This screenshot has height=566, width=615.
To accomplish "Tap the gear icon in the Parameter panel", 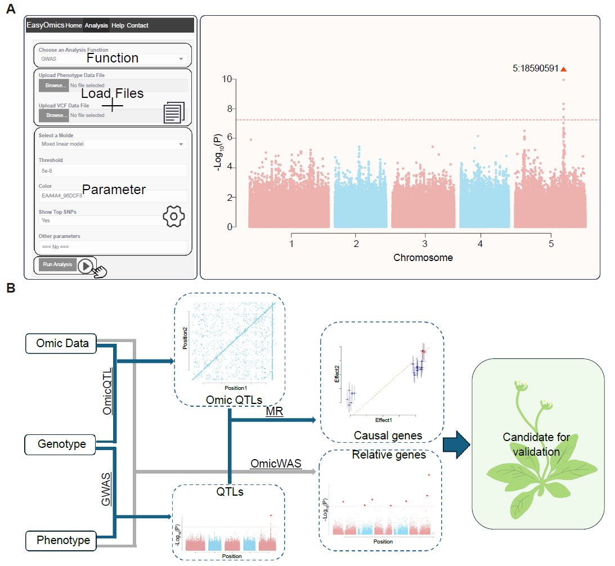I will [174, 217].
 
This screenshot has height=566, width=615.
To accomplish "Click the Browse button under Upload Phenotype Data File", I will [54, 86].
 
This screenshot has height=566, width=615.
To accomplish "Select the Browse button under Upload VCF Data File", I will [54, 115].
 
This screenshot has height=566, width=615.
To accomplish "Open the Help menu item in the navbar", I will [118, 25].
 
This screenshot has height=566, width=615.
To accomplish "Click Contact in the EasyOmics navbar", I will [138, 25].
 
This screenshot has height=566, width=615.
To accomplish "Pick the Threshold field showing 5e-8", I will [112, 170].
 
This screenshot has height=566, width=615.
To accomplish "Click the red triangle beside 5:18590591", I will [563, 69].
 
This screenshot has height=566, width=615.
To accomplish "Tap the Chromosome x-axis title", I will [423, 258].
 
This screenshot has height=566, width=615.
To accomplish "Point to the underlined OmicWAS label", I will [276, 464].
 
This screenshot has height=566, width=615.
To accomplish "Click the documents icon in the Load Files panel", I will [173, 113].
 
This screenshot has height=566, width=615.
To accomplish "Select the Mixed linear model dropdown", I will [112, 144].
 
